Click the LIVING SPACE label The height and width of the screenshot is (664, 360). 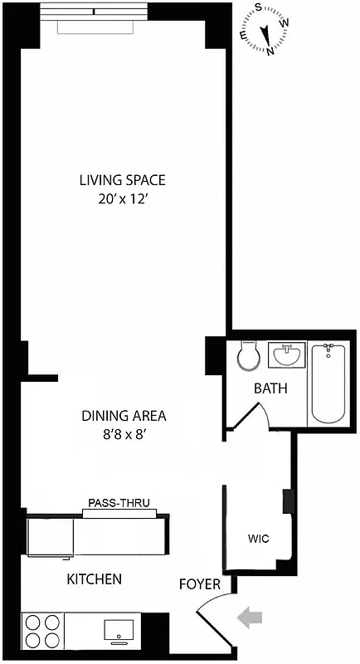(122, 179)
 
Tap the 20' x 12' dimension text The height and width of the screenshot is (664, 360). (122, 199)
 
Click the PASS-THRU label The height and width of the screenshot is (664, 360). (119, 503)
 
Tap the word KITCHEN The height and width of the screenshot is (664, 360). (95, 579)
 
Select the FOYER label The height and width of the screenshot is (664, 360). (200, 584)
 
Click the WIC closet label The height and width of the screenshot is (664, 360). (258, 539)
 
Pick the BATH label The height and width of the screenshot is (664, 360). (270, 388)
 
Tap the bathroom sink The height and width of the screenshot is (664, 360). (287, 355)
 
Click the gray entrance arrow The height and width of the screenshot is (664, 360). (249, 617)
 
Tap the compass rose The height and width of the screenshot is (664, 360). (266, 30)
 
